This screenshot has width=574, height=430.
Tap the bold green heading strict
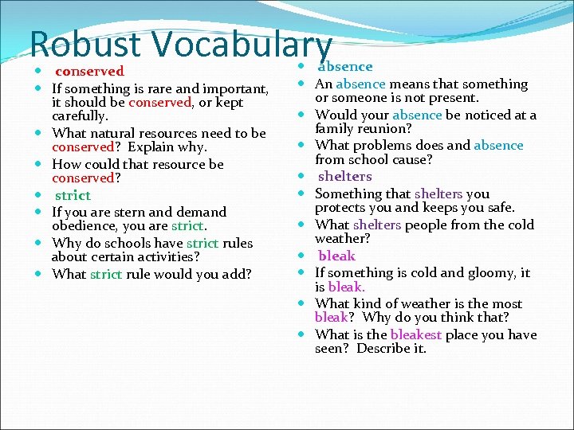click(73, 195)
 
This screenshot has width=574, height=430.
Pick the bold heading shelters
click(345, 176)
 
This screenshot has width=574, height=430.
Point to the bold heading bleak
click(336, 256)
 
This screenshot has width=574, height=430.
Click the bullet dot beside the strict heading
click(39, 195)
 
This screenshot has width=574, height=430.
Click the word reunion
click(384, 128)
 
